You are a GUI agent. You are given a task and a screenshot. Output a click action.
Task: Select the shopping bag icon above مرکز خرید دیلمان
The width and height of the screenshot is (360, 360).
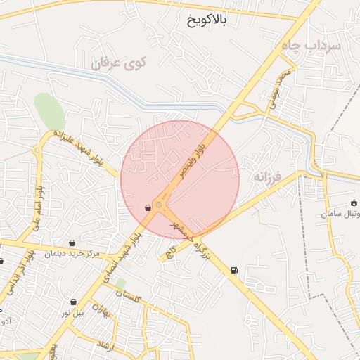pos(72,243)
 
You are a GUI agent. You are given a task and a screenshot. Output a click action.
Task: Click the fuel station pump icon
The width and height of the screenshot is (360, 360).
pos(233,270)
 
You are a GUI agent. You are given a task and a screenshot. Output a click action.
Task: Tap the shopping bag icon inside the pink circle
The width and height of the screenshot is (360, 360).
pos(148,207)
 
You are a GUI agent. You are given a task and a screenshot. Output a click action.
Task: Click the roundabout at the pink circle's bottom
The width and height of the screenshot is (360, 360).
pos(160,205)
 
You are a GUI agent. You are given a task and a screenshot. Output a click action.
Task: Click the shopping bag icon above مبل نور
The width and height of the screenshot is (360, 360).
pos(73,302)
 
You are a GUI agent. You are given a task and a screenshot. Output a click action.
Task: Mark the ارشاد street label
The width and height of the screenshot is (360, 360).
pos(103,341)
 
